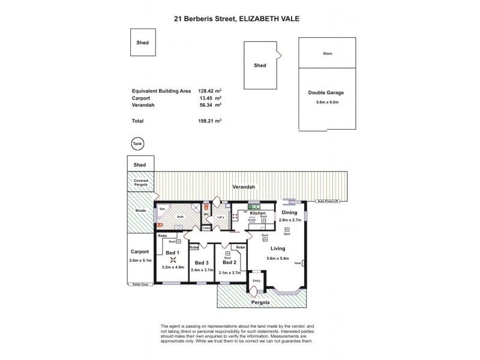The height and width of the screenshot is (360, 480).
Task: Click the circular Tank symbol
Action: (137, 143)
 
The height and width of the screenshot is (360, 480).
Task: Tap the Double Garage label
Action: (326, 93)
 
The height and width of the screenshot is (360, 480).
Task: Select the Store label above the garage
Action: (327, 53)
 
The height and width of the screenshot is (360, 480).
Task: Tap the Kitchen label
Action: (258, 213)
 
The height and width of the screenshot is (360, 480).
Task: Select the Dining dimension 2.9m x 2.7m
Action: (290, 220)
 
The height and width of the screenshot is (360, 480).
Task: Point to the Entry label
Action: (256, 280)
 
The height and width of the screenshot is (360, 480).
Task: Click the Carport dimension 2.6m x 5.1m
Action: (140, 260)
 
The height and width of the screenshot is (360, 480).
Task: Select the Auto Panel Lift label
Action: (329, 202)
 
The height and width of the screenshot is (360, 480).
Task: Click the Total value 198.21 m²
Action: (210, 121)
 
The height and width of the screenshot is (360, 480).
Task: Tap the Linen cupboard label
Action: (206, 228)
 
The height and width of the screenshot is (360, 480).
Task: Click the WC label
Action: (206, 214)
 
